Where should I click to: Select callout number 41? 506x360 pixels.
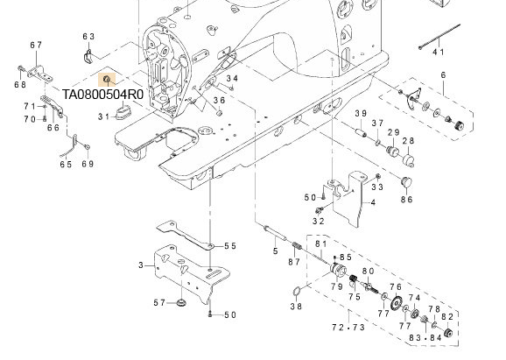point(439,53)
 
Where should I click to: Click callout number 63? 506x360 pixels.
point(88,36)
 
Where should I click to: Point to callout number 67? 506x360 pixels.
point(36,46)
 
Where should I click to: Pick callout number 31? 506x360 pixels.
point(103,116)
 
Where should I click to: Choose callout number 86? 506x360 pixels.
point(406,200)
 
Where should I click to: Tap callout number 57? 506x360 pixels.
point(160,303)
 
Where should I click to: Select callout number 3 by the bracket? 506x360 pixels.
point(140,265)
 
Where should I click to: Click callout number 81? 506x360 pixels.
point(320,244)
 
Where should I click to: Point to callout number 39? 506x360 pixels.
point(360,115)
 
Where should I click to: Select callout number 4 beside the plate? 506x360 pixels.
point(372,202)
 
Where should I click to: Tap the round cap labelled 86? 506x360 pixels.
point(404,180)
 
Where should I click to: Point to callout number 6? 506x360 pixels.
point(443,76)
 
